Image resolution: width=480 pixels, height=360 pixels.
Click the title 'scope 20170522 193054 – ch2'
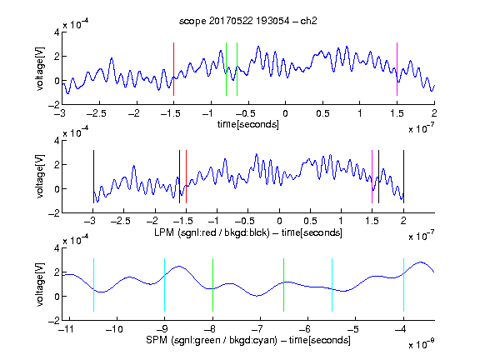point(248,21)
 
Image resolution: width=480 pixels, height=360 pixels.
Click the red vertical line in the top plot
point(173,69)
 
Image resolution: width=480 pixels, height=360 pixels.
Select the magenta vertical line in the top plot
point(397,69)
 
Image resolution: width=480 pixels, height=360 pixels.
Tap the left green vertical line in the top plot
point(226,69)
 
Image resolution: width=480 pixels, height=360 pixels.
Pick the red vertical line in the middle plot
point(186,177)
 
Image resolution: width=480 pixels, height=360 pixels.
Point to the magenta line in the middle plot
point(372,177)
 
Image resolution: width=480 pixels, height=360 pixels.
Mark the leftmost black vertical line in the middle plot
point(93,177)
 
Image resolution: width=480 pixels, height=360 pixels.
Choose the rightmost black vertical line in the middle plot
point(403,177)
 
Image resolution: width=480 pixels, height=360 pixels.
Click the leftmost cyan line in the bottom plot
point(93,285)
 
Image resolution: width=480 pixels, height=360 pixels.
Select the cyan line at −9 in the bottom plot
point(164,285)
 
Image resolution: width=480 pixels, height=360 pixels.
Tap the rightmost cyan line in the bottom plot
point(403,285)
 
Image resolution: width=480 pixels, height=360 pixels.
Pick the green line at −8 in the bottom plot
point(212,285)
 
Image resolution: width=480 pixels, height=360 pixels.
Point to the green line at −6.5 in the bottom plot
point(284,285)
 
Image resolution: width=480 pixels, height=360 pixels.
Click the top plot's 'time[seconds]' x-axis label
point(248,124)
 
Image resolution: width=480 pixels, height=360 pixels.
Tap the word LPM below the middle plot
point(164,232)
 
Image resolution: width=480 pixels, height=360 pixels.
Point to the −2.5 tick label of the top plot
point(97,113)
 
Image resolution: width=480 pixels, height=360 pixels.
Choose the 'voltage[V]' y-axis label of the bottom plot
point(40,284)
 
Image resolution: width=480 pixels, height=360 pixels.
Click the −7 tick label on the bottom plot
point(257,329)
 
